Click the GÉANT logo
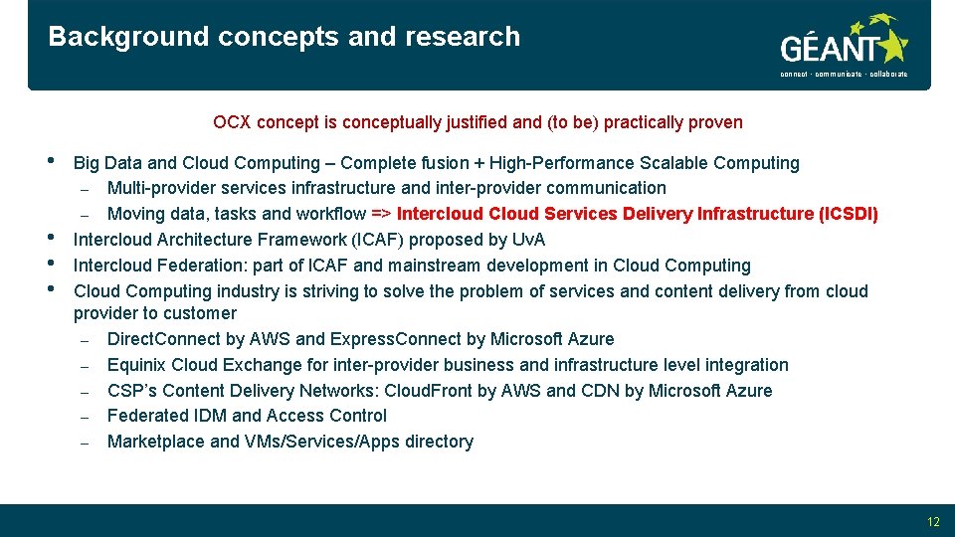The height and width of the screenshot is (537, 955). coord(844,47)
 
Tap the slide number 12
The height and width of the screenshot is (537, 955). coord(932,521)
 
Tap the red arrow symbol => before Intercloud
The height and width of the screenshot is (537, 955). coord(381,214)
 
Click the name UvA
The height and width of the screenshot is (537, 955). coord(528,240)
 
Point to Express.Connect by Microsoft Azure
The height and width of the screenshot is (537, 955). coord(397,339)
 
